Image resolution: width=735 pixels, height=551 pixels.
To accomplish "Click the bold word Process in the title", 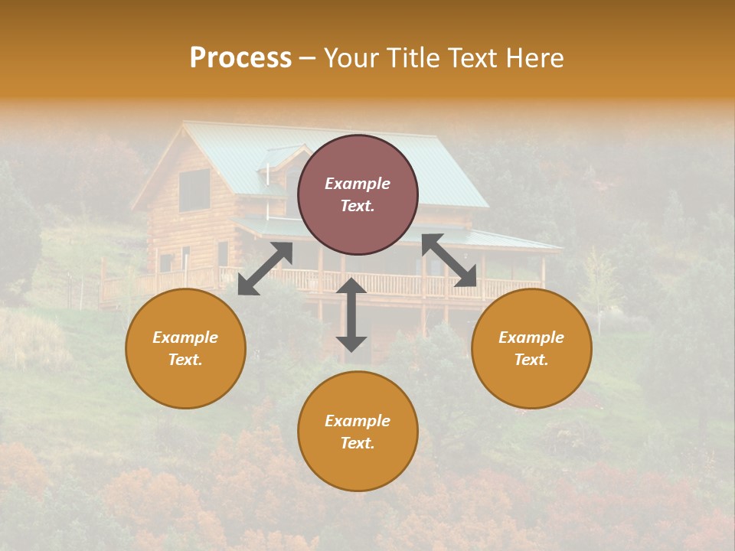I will coord(240,58).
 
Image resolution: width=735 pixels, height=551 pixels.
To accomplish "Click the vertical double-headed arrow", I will coord(351,315).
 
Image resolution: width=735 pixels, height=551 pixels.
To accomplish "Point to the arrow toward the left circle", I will coord(265,269).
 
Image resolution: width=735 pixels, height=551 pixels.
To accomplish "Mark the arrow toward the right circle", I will coord(449,261).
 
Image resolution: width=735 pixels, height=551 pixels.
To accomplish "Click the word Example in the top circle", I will coord(358,184).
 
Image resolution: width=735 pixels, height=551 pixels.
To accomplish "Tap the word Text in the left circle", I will coord(185,360).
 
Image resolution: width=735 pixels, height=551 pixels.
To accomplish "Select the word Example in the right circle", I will coord(531,337).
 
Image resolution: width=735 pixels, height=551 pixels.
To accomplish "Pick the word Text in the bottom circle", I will coord(358,444).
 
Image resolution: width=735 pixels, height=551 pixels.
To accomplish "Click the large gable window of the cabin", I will coord(194,190).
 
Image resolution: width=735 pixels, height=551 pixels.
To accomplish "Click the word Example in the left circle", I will coord(185,337).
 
